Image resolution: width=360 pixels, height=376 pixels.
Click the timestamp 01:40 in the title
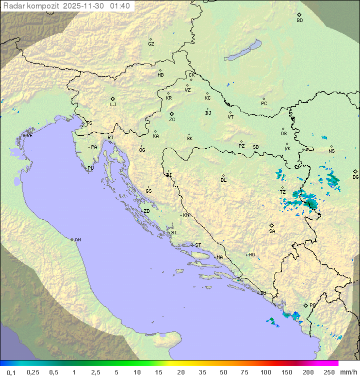(x=119, y=6)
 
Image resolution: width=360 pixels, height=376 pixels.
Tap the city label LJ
(x=113, y=105)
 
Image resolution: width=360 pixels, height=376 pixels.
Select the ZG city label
(x=172, y=120)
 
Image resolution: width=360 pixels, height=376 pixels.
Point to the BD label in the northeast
(x=299, y=21)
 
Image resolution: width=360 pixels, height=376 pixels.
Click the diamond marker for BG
(x=355, y=171)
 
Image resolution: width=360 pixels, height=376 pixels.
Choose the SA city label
(x=272, y=231)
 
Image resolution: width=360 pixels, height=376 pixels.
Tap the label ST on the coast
(x=198, y=245)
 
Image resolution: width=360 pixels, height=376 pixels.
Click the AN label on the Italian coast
(x=77, y=240)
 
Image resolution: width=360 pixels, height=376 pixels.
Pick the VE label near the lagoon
(x=29, y=136)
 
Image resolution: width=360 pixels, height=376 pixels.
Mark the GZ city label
(x=151, y=44)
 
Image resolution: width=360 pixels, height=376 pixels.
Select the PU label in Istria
(x=90, y=168)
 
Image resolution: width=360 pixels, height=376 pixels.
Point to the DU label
(x=262, y=293)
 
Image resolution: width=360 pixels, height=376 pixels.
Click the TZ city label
(x=282, y=192)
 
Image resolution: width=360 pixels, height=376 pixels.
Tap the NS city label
(x=331, y=151)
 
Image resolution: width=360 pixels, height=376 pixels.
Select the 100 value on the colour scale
(x=266, y=372)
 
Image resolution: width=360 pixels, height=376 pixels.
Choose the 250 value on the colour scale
(x=328, y=372)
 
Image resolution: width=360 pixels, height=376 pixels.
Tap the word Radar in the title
(x=12, y=6)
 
